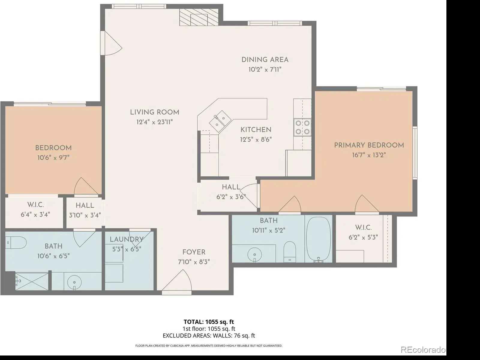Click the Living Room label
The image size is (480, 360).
[x=154, y=112]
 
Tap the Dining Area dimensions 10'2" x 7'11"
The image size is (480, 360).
[x=265, y=70]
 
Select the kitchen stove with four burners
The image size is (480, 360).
[x=302, y=127]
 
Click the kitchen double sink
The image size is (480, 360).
[x=220, y=121]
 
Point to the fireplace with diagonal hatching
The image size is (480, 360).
[x=199, y=17]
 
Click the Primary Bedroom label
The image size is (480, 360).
[x=369, y=145]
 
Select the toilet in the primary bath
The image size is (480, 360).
[x=290, y=252]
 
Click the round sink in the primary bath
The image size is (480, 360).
[x=254, y=255]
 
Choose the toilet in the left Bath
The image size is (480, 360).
[x=16, y=242]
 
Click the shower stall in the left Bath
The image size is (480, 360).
[x=32, y=281]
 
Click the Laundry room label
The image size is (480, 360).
[x=127, y=239]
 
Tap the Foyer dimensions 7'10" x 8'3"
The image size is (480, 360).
[x=194, y=262]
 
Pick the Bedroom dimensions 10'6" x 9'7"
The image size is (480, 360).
[x=53, y=157]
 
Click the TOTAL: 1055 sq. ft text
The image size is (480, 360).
[x=209, y=322]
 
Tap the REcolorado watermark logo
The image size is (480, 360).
[x=423, y=350]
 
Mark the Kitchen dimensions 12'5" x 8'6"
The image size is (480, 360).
[x=256, y=139]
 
